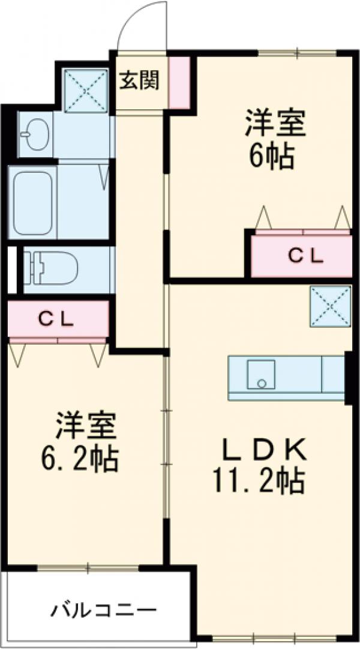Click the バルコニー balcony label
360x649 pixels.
tap(103, 612)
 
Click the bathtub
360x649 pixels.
tap(34, 201)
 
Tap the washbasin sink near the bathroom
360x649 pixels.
tap(34, 133)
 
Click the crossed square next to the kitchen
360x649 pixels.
tap(329, 307)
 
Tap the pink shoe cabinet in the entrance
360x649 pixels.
tap(179, 82)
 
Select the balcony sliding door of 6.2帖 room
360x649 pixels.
tap(88, 566)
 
